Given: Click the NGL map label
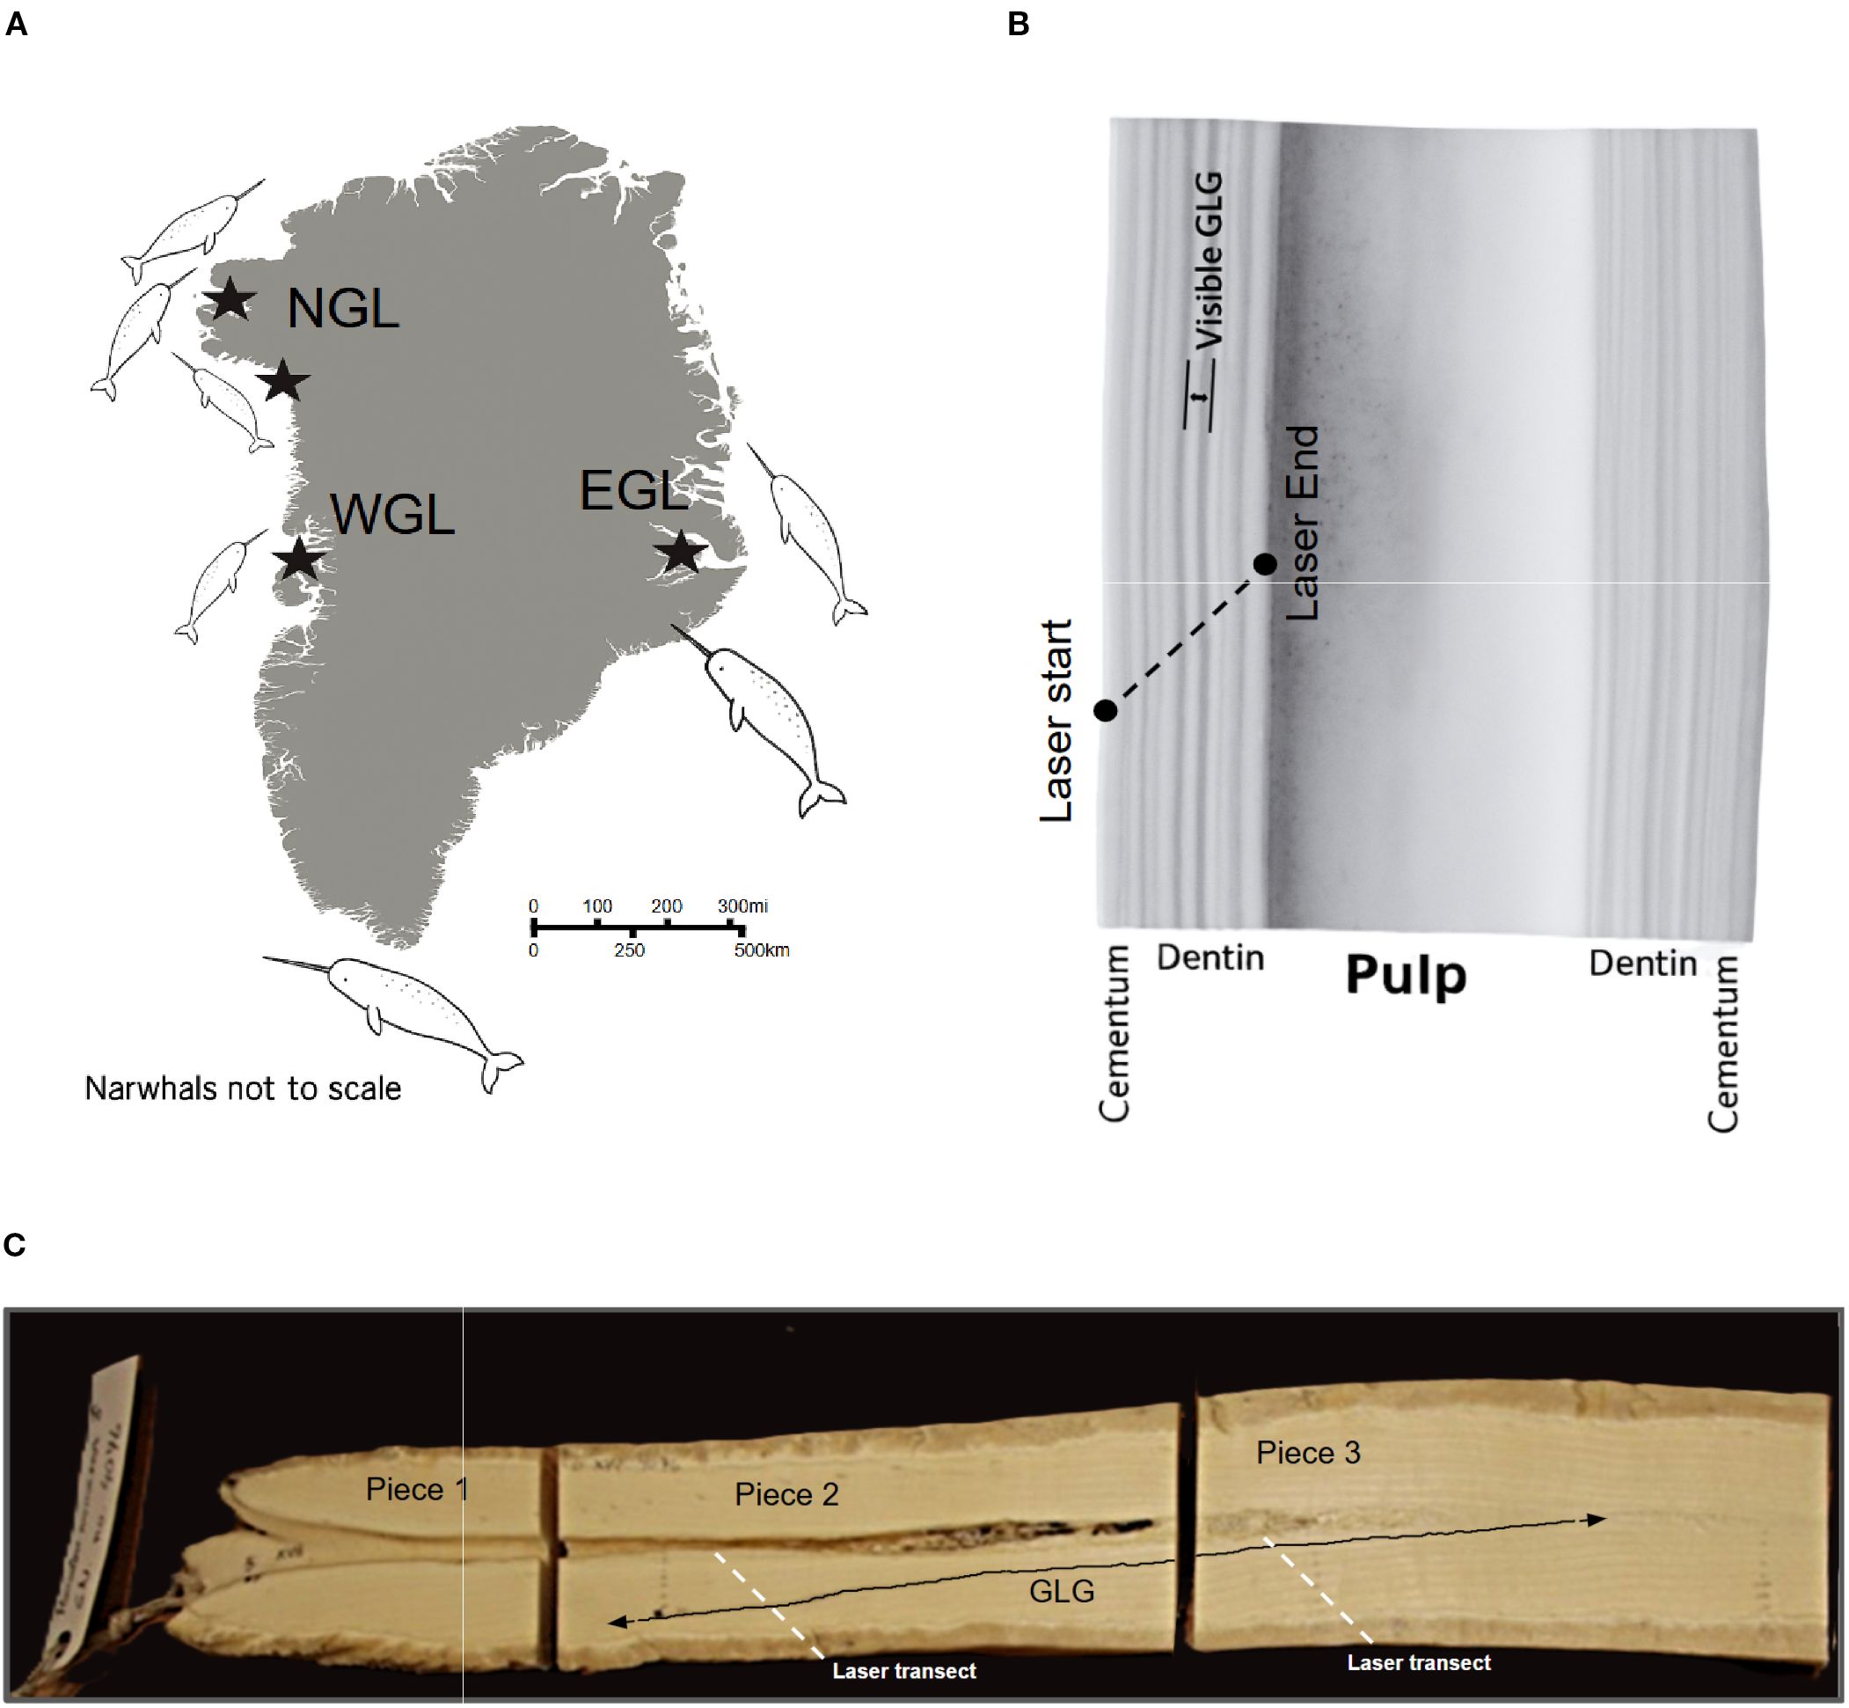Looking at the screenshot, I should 343,309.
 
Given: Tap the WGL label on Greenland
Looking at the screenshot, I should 392,515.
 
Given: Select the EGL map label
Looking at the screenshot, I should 634,491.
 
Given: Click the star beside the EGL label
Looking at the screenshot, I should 681,553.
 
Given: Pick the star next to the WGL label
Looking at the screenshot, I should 298,559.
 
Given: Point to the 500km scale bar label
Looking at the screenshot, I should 762,950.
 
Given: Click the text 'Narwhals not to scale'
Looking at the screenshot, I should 243,1089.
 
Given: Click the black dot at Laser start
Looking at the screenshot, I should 1106,710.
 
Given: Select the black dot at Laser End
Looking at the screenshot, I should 1265,564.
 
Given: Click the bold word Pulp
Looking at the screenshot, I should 1406,976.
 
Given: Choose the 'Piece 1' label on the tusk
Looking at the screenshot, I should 417,1489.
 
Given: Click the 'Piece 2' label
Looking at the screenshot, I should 786,1494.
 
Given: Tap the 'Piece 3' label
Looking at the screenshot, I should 1307,1453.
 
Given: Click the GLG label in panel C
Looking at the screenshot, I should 1062,1591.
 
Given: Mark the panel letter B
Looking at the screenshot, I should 1019,24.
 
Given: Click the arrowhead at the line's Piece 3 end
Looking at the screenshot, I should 1596,1520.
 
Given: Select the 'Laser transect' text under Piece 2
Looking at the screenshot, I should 903,1671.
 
